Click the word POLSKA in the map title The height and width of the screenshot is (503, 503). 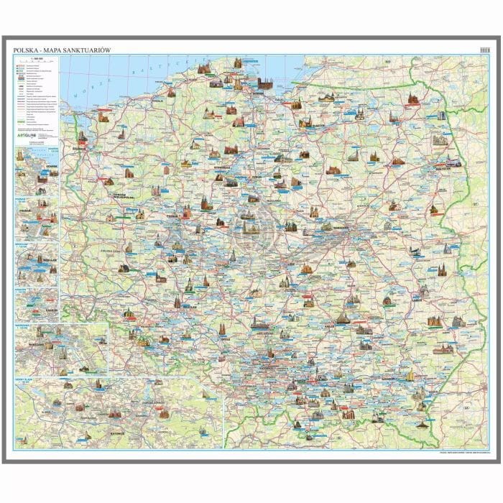[24, 50]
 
